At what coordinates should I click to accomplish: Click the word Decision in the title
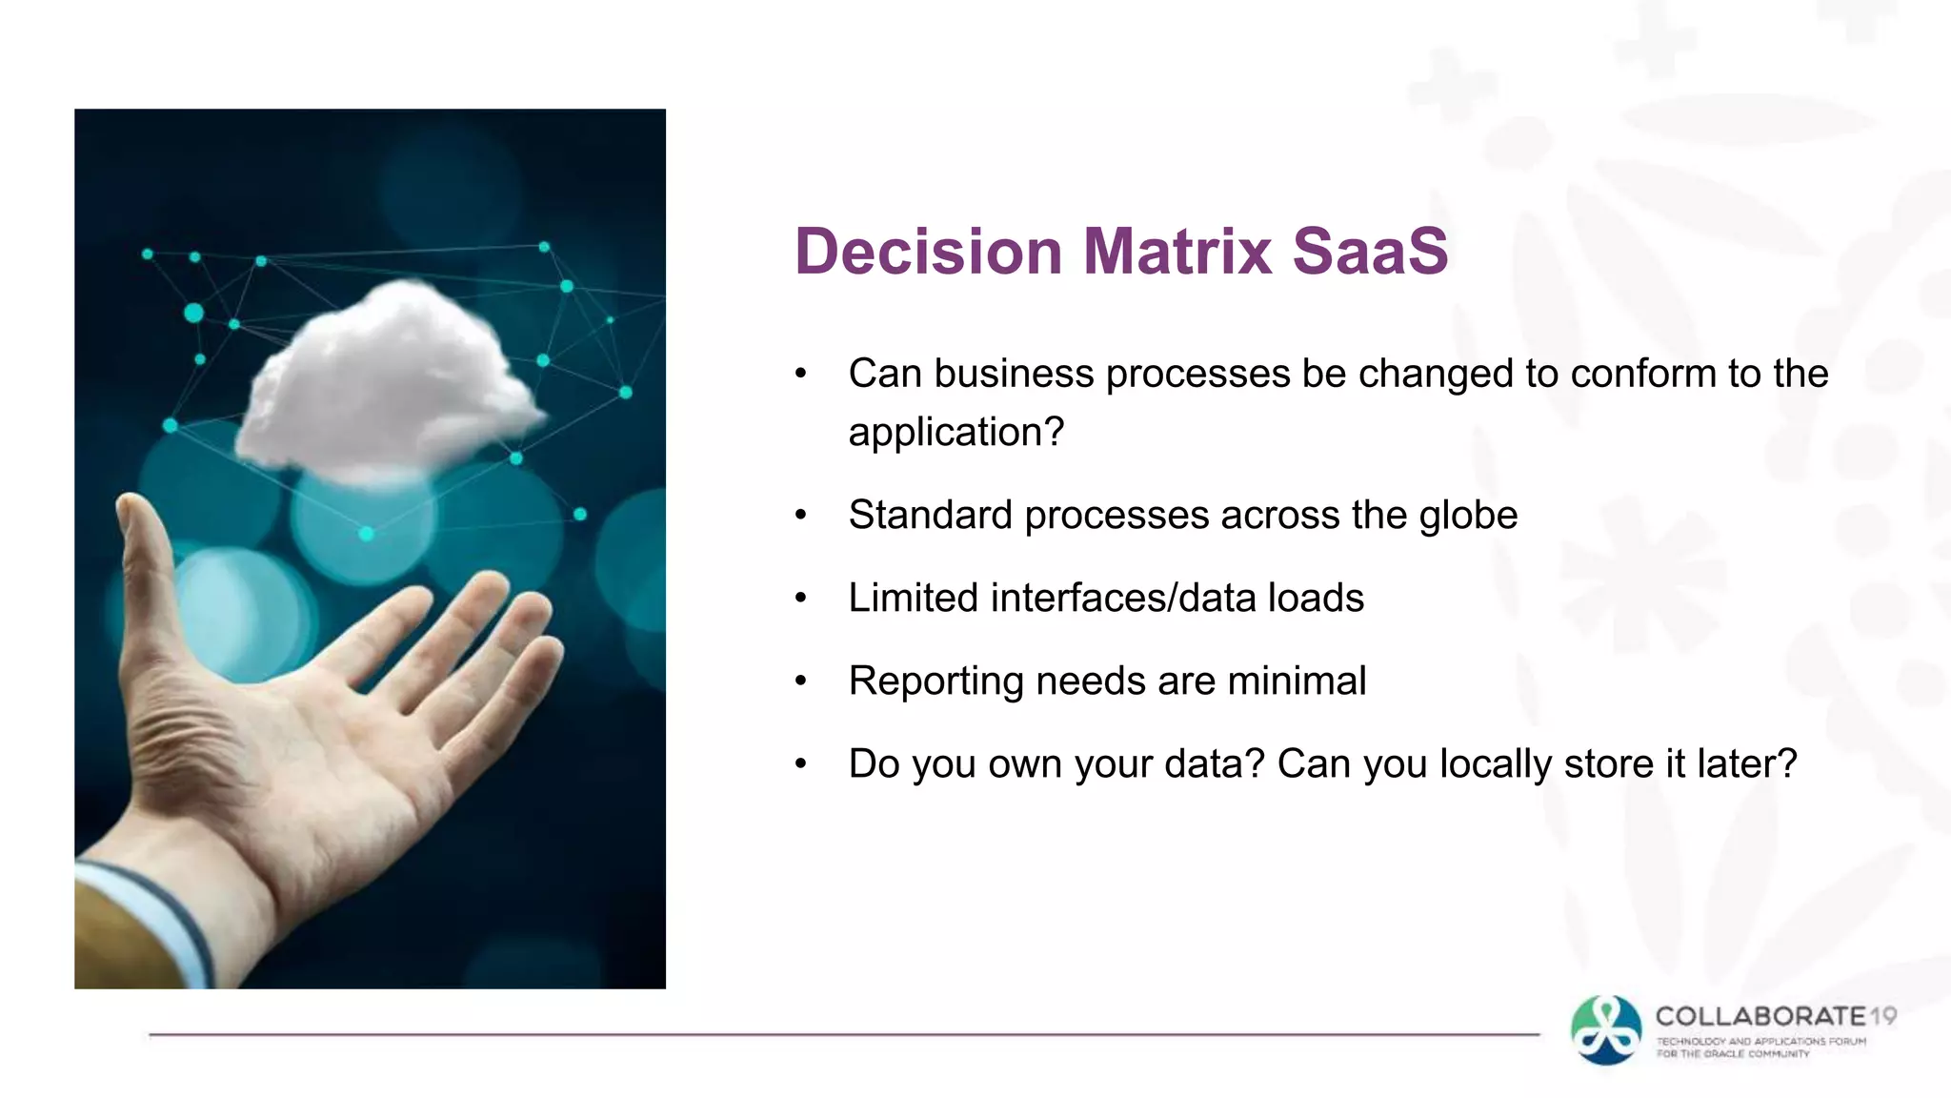[928, 252]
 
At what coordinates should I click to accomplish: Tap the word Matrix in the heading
[1177, 252]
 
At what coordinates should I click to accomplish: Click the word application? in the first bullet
[955, 433]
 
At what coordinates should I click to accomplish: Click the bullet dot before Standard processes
[801, 516]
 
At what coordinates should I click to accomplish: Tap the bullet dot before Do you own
[801, 764]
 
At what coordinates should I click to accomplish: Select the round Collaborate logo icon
[1606, 1029]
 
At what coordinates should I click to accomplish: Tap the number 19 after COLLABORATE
[1883, 1016]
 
